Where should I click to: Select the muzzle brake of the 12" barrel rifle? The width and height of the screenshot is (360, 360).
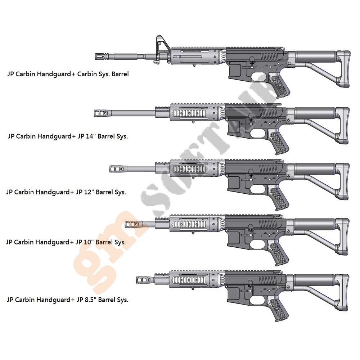click(117, 168)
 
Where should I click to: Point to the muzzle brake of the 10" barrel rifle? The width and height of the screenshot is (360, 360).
click(132, 224)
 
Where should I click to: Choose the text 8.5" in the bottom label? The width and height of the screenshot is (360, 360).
click(90, 300)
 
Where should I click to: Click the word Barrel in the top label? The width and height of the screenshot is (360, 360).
click(120, 74)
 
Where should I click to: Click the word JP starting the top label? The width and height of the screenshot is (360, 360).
click(11, 74)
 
